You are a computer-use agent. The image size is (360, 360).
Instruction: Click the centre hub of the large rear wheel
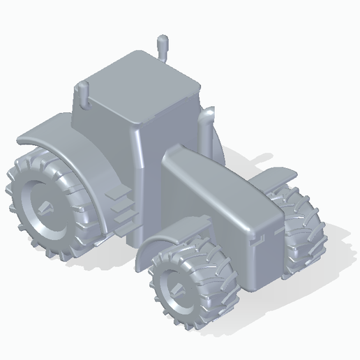[x=46, y=206]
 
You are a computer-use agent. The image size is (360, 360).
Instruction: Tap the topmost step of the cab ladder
[x=118, y=190]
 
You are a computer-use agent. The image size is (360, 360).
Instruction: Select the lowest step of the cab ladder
[x=123, y=225]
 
